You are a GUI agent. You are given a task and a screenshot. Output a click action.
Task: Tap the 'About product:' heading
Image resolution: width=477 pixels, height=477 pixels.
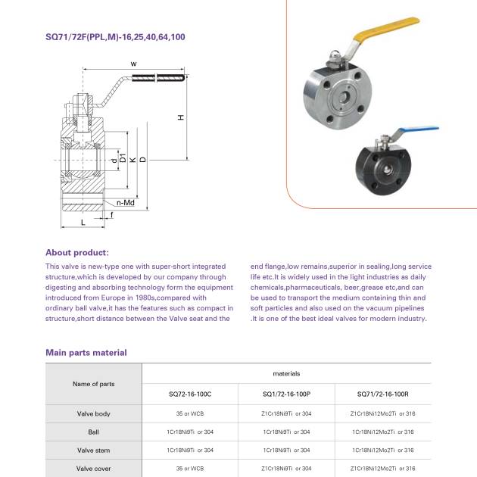77,253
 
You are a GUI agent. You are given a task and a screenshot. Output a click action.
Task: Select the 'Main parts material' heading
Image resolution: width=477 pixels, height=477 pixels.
86,353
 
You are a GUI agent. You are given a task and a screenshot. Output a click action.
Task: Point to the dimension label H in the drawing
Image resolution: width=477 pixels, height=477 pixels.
179,118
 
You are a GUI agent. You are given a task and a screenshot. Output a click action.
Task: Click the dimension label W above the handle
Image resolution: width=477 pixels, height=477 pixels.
133,64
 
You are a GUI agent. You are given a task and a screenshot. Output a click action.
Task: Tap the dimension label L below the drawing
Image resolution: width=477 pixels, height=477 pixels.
83,224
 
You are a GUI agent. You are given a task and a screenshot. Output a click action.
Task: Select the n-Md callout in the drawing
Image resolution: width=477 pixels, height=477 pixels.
126,203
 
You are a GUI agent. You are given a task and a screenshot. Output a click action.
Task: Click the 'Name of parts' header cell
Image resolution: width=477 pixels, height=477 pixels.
93,384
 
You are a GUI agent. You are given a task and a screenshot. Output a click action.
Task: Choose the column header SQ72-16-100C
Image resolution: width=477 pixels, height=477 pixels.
190,395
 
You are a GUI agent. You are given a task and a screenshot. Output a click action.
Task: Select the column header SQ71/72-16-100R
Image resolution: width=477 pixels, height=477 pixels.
382,395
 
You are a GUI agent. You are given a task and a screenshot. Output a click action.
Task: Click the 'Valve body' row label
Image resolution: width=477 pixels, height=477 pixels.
93,413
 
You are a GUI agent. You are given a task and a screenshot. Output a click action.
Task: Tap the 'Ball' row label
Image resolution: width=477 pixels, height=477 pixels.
93,432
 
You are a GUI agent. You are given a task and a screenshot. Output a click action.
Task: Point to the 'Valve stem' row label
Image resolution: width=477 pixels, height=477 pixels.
93,450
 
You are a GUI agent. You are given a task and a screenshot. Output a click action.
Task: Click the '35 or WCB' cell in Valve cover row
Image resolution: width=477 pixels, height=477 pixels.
190,469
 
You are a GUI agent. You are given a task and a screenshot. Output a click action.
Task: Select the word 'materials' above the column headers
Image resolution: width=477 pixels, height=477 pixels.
286,373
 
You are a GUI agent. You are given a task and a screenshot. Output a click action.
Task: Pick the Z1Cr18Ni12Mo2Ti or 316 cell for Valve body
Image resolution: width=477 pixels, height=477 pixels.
382,413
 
